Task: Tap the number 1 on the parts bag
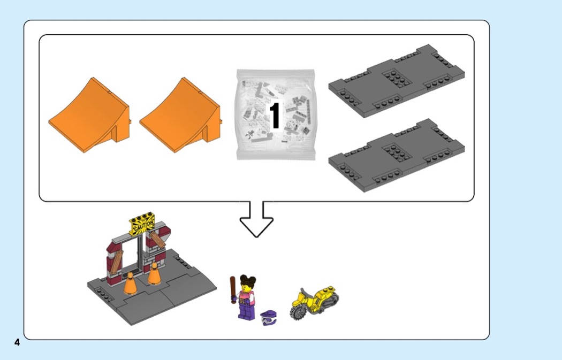click(275, 116)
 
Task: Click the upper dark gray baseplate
click(397, 81)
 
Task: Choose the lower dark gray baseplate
click(397, 156)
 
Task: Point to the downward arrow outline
click(256, 219)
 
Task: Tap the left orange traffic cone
click(130, 284)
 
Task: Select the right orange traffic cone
click(154, 274)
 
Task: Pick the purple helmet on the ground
click(269, 318)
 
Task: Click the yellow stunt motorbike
click(314, 302)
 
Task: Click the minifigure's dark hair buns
click(248, 280)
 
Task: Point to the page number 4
click(17, 342)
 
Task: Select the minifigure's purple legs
click(245, 311)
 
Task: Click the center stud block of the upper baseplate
click(397, 78)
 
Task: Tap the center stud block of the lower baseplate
click(397, 152)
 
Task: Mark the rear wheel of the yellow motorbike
click(332, 298)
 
